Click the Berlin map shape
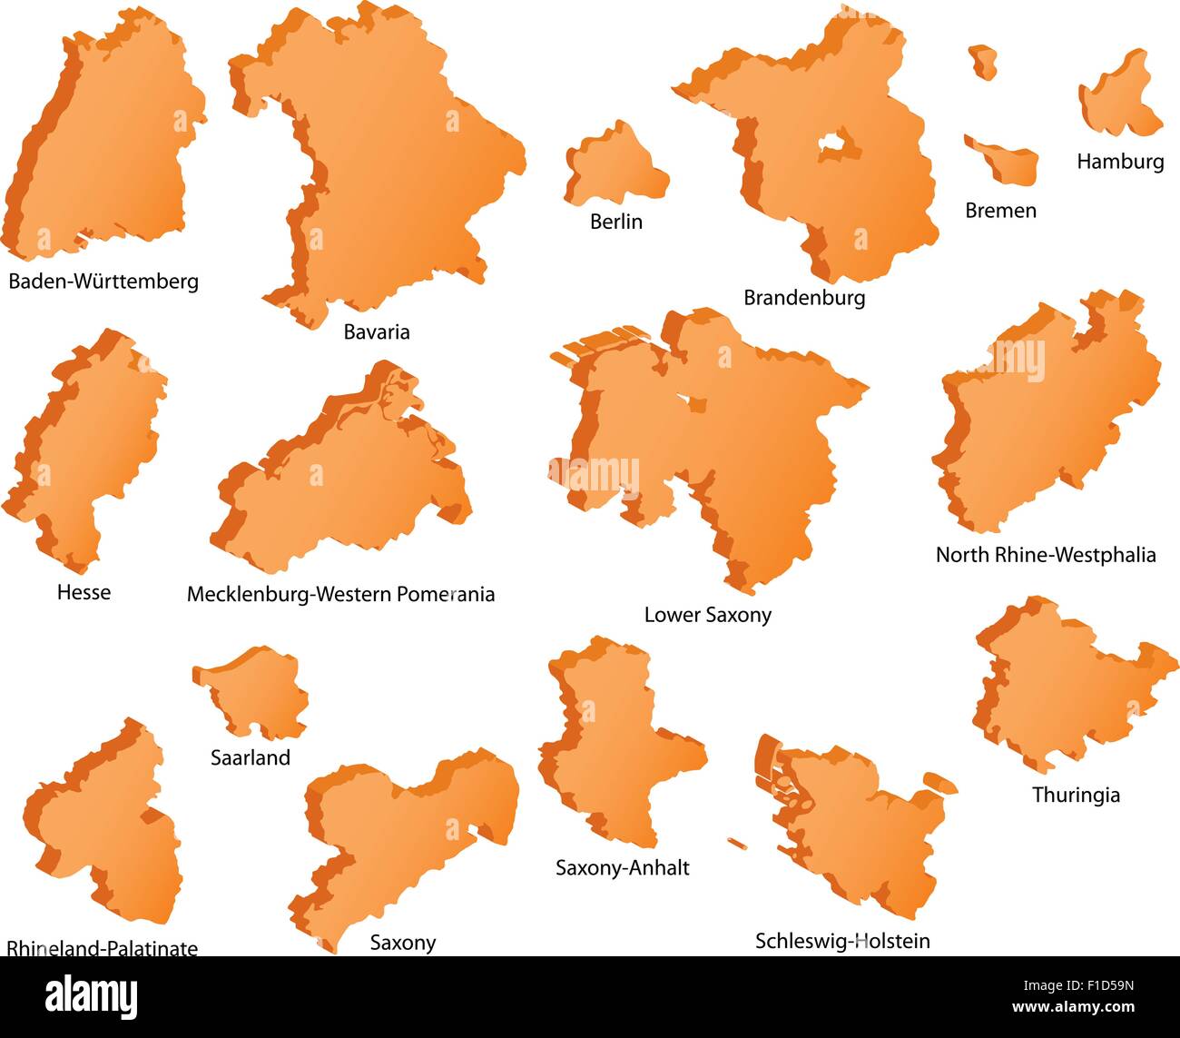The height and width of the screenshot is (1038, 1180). click(x=613, y=168)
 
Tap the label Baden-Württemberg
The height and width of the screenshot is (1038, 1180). click(x=103, y=282)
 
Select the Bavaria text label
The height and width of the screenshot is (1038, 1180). click(x=377, y=332)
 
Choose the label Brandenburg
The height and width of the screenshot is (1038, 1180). click(x=804, y=298)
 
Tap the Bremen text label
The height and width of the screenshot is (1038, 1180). click(x=1000, y=211)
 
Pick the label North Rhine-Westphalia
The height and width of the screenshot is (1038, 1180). click(x=1046, y=555)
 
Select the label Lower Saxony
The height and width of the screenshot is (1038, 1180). click(x=708, y=615)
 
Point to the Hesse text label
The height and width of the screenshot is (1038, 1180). click(x=84, y=593)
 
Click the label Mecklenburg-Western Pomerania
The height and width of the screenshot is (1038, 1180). click(x=341, y=595)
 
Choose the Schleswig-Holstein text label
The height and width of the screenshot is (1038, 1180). click(x=842, y=941)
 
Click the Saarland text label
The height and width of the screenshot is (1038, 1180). click(x=251, y=757)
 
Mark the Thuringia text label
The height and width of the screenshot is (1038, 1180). click(x=1076, y=796)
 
